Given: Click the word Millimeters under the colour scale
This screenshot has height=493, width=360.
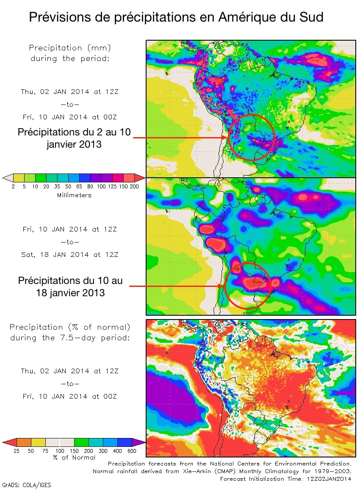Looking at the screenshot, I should (74, 195).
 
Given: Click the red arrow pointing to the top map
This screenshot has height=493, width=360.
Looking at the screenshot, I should (180, 137).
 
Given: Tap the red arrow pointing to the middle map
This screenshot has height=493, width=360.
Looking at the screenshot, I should (176, 286).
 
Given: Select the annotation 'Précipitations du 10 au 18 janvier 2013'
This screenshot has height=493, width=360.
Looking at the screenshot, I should (71, 286).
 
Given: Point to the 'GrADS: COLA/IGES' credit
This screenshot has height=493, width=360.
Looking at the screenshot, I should (27, 485).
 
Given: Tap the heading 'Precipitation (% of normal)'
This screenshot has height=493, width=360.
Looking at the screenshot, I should (70, 327).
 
